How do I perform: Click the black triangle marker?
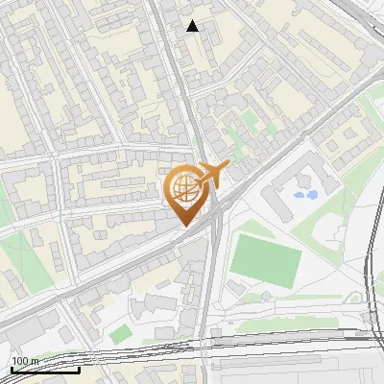coord(193,26)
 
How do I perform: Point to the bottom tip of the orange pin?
coord(185,226)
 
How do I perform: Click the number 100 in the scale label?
coord(20,361)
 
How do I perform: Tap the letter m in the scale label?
coord(34,361)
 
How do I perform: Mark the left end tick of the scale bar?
coord(12,368)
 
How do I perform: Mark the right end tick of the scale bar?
coord(79,368)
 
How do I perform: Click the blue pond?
coord(306,195)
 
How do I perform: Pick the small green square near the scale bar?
coord(120,334)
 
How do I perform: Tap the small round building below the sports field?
coord(236,289)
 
